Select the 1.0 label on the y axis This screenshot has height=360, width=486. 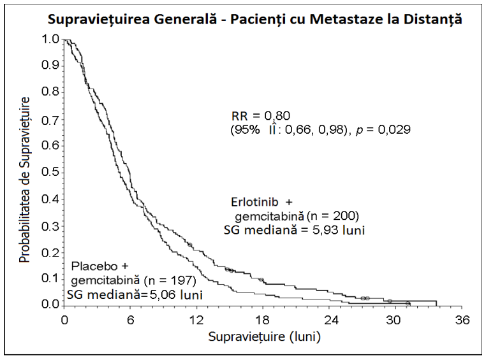[x=50, y=40]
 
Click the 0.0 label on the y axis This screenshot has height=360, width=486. [x=50, y=305]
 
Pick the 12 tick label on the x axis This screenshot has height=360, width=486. [x=196, y=320]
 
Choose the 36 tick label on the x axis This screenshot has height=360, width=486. [x=462, y=320]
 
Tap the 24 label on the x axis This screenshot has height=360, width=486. [x=330, y=320]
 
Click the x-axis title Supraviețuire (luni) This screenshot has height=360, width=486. [x=265, y=337]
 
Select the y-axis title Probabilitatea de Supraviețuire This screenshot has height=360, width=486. [x=25, y=180]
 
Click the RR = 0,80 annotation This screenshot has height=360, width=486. [x=261, y=116]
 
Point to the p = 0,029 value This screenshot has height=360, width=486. [x=383, y=130]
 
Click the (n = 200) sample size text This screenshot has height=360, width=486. [x=332, y=216]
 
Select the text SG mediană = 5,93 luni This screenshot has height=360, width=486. [x=294, y=230]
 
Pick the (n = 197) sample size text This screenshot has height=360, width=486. [x=170, y=280]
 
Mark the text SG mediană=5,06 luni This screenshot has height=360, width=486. [x=135, y=294]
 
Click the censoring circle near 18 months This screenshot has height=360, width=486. [x=261, y=280]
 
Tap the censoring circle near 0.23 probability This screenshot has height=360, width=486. [x=189, y=245]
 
